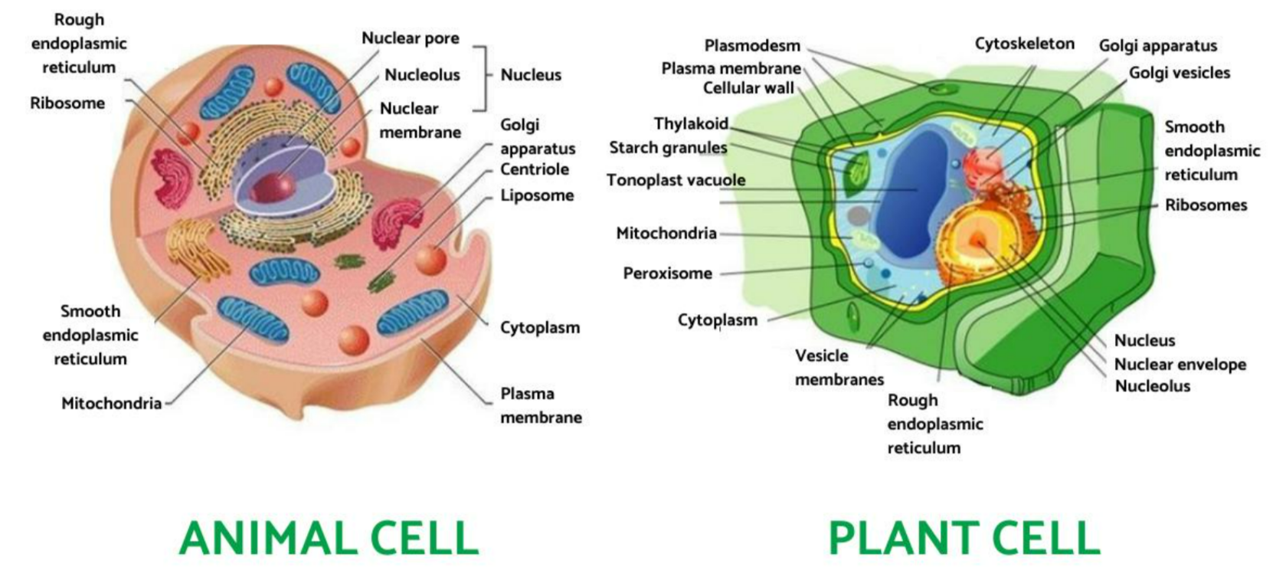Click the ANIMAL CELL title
click(x=329, y=538)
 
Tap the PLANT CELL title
click(x=964, y=538)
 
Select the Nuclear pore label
click(x=410, y=38)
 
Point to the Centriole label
click(x=534, y=169)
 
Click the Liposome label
click(x=537, y=195)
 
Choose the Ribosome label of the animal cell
click(x=67, y=103)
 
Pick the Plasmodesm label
click(x=752, y=46)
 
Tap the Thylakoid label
click(x=691, y=124)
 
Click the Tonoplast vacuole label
click(x=676, y=181)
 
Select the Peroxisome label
click(x=667, y=274)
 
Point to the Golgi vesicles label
click(x=1179, y=74)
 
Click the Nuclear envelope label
click(x=1179, y=365)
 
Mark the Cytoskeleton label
click(x=1024, y=44)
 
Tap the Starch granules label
click(x=668, y=148)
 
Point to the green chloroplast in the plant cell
click(x=856, y=173)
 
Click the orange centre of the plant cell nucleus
click(x=978, y=241)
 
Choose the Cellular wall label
click(x=748, y=88)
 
